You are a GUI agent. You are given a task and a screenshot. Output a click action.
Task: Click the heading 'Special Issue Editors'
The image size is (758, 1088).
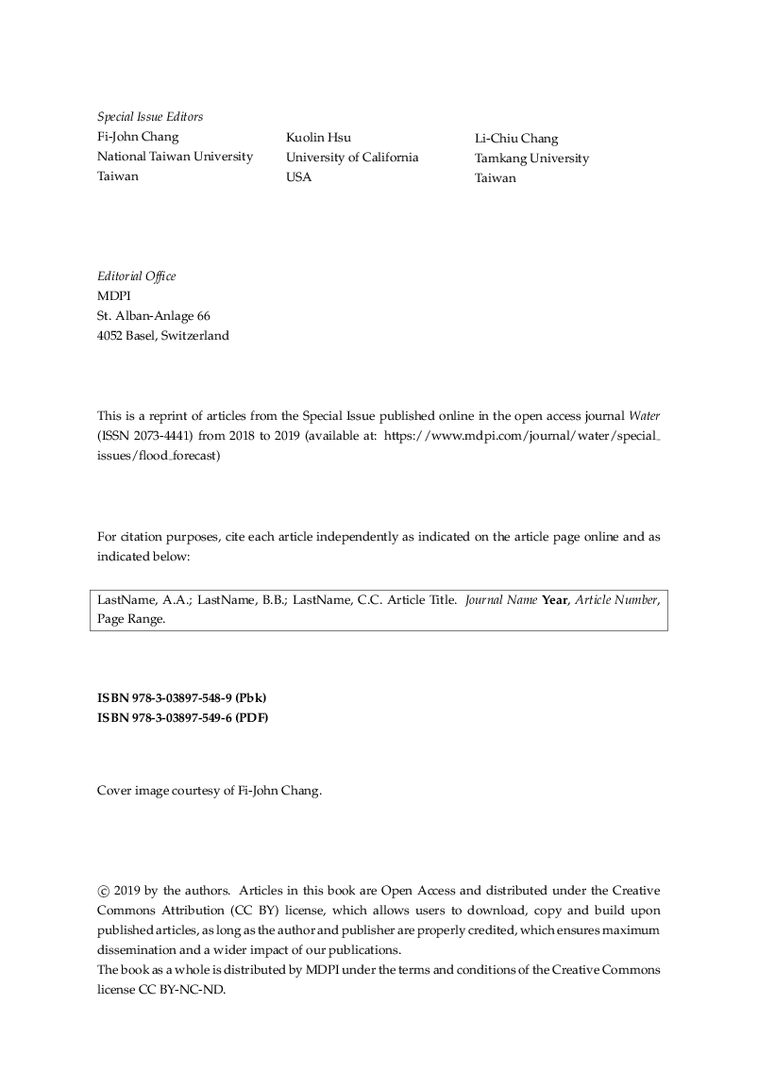[150, 117]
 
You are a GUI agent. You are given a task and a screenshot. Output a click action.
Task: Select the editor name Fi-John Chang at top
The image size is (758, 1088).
[138, 137]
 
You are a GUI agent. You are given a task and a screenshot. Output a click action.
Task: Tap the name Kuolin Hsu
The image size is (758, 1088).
[318, 138]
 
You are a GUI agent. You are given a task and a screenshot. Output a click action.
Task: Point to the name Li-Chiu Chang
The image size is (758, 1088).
[516, 139]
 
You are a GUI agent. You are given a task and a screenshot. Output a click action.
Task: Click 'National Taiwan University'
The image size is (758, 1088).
[175, 157]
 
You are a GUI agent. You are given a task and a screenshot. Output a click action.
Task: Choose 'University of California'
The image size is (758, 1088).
[352, 158]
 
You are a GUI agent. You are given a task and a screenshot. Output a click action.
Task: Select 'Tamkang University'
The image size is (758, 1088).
[531, 159]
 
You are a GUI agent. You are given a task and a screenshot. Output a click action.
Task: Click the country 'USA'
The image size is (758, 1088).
[298, 177]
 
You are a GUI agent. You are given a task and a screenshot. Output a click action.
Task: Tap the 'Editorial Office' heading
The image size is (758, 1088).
[136, 276]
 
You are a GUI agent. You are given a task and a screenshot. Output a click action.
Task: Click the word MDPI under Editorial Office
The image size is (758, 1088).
[113, 295]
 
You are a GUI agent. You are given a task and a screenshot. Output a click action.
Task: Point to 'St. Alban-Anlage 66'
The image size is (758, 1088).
[154, 315]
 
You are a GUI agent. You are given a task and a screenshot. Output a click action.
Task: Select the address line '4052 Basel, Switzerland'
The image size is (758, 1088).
[162, 335]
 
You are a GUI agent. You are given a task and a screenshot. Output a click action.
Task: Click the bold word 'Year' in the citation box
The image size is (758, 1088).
[555, 600]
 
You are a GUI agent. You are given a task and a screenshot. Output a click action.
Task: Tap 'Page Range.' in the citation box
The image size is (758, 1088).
[131, 620]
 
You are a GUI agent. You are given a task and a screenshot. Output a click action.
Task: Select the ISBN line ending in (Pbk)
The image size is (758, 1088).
[181, 698]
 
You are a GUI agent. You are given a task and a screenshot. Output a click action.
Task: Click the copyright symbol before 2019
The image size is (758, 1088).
[103, 891]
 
